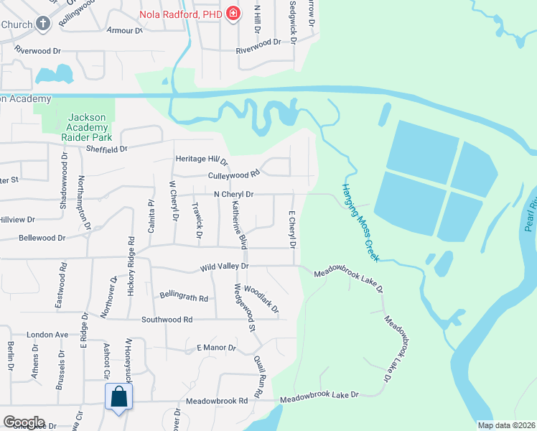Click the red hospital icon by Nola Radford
233,14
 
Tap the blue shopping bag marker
118,397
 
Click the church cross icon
43,24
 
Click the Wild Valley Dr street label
224,267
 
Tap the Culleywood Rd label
233,175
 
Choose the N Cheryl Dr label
233,194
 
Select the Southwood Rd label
167,319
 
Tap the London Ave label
47,335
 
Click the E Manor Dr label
216,348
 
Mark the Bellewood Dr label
42,237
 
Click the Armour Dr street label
124,30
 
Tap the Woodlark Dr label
261,299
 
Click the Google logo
24,422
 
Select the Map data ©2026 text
506,425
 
